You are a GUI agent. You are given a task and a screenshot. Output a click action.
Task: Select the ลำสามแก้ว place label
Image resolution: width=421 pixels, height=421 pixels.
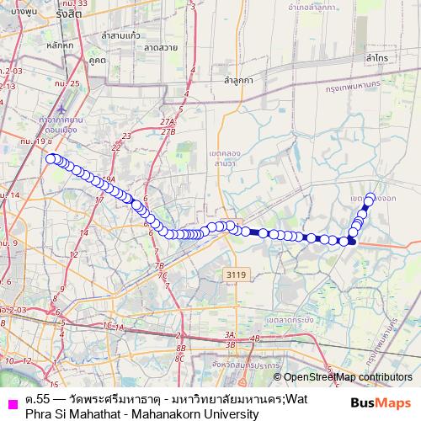(120, 36)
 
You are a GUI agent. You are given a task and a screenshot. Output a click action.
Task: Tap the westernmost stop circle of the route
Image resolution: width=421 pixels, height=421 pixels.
(51, 158)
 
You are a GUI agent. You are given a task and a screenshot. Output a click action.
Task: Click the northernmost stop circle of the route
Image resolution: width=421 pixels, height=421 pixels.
(370, 198)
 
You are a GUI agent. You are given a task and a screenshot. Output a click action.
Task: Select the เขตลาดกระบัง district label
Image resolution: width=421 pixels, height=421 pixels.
(290, 320)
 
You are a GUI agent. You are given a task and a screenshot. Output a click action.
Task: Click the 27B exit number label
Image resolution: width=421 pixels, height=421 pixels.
(168, 132)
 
